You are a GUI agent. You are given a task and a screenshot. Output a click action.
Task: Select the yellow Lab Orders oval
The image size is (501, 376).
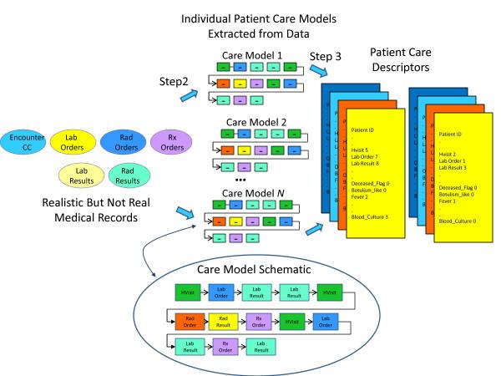point(76,141)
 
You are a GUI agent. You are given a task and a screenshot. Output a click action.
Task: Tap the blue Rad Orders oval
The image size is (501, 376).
point(128,141)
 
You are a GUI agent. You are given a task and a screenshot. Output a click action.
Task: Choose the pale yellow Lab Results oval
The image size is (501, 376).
point(78,173)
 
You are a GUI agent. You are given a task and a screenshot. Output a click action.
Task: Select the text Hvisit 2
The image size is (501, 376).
point(451,152)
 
